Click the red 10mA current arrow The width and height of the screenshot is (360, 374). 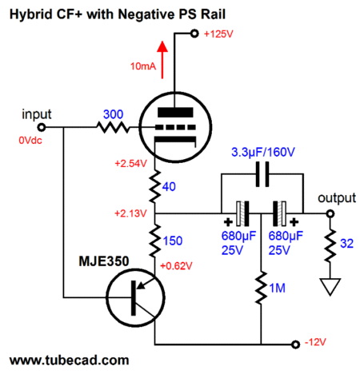pyautogui.click(x=162, y=60)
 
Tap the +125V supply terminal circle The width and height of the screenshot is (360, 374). pyautogui.click(x=194, y=34)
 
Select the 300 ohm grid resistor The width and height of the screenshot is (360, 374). pyautogui.click(x=113, y=128)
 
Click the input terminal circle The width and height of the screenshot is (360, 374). pyautogui.click(x=42, y=128)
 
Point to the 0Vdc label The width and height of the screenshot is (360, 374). pyautogui.click(x=30, y=141)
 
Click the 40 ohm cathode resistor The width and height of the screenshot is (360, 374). pyautogui.click(x=155, y=186)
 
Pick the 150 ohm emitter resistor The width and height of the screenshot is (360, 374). pyautogui.click(x=155, y=241)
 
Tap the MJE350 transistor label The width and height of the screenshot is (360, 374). pyautogui.click(x=104, y=261)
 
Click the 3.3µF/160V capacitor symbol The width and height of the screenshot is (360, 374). pyautogui.click(x=262, y=174)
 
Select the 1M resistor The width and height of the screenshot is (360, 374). pyautogui.click(x=261, y=288)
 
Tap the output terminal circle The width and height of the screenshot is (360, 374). pyautogui.click(x=330, y=213)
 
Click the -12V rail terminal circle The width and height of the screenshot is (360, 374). pyautogui.click(x=295, y=344)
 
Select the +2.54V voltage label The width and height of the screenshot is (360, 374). pyautogui.click(x=130, y=164)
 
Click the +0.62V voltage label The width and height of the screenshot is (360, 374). pyautogui.click(x=176, y=266)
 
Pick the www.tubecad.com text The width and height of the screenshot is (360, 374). pyautogui.click(x=70, y=360)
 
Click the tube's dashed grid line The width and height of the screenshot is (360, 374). pyautogui.click(x=175, y=128)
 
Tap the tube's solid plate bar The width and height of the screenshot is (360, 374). pyautogui.click(x=175, y=112)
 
